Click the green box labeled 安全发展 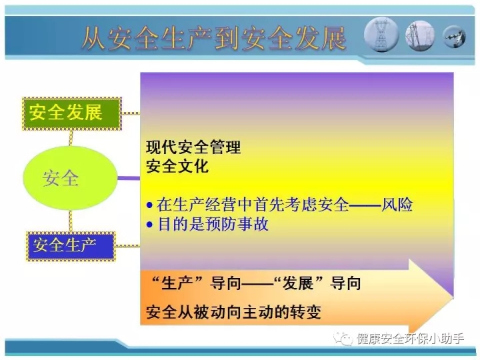coord(72,114)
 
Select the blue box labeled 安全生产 coord(71,247)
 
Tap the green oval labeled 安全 coord(71,178)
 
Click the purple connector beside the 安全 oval coord(129,178)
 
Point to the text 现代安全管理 coord(193,147)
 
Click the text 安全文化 coord(177,166)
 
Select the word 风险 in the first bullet coord(397,205)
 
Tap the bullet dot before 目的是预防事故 coord(149,225)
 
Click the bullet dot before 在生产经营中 coord(149,205)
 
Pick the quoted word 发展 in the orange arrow coord(297,283)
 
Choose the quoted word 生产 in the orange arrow coord(177,283)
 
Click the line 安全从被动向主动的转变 coord(233,312)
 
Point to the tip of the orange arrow coord(453,296)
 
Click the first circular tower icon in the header coord(381,35)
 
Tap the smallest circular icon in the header coord(454,37)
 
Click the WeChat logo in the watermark coord(343,339)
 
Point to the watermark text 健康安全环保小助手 coord(410,339)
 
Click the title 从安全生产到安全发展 coord(214,39)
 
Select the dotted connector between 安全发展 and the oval coord(71,139)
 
